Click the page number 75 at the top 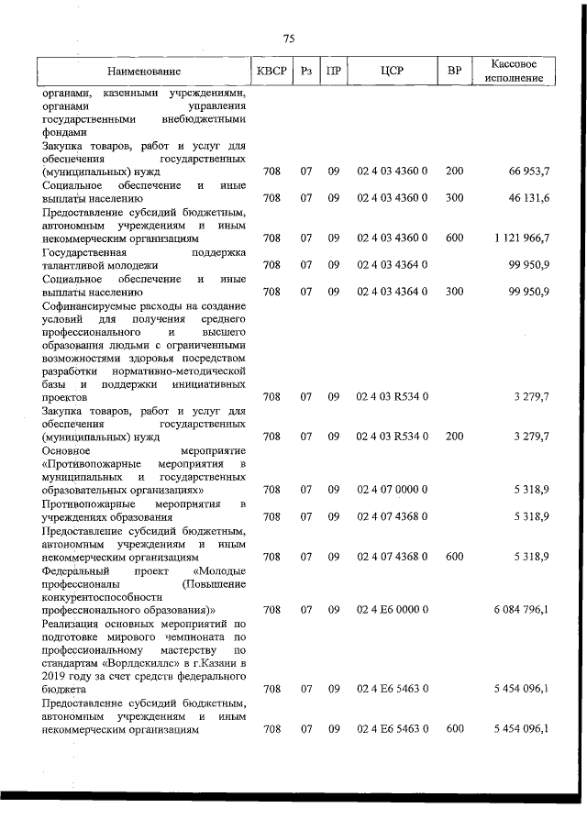pos(289,39)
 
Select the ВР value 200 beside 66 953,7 pos(454,172)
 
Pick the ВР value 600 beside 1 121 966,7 pos(454,238)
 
